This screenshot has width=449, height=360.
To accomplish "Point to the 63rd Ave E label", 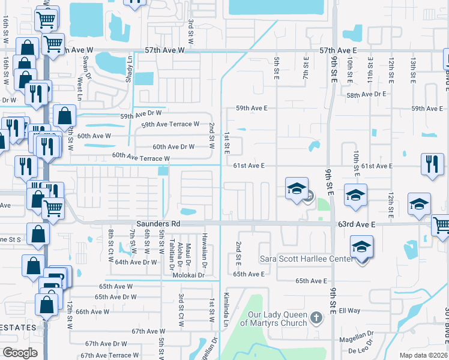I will (357, 224).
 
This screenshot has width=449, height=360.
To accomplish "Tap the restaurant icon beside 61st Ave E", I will (432, 164).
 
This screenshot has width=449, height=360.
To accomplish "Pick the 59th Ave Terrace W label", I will (170, 124).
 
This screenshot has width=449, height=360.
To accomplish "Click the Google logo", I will (20, 353).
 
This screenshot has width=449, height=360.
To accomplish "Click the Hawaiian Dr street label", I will (205, 250).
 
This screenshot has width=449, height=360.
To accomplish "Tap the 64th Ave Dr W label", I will (136, 262).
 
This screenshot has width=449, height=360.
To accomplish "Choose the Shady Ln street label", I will (128, 65).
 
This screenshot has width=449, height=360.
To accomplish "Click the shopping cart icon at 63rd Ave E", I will (441, 225).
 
